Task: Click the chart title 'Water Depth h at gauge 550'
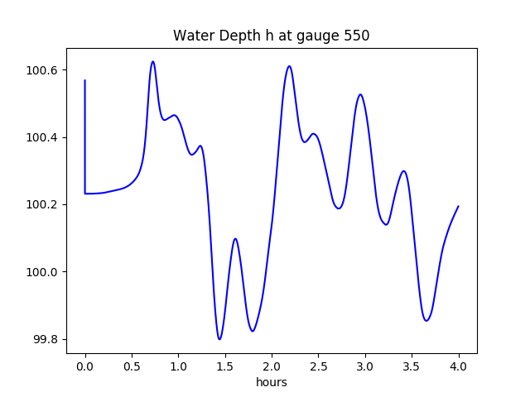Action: (271, 36)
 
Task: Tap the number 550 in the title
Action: (356, 36)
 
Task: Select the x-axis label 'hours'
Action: (271, 383)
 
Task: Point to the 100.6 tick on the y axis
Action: (42, 70)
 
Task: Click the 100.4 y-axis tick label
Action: (42, 137)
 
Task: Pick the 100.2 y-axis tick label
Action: (42, 204)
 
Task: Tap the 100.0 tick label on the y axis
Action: (42, 272)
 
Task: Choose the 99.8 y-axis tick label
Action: (45, 339)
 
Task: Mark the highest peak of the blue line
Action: (153, 61)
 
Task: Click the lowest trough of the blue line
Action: (219, 339)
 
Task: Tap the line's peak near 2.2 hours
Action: (289, 66)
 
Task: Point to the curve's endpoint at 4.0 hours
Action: (459, 206)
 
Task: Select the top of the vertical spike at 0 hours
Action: (85, 80)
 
